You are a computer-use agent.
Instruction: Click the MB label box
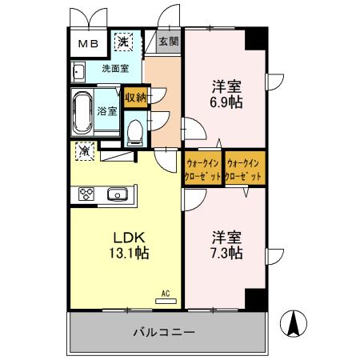click(87, 43)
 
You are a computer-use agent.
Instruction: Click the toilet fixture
click(134, 130)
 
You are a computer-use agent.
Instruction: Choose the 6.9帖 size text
click(227, 102)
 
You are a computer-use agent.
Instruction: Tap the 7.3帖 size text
click(227, 253)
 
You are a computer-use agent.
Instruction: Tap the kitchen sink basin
click(118, 193)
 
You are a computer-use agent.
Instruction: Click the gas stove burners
click(86, 193)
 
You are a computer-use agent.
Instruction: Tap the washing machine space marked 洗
click(125, 41)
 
